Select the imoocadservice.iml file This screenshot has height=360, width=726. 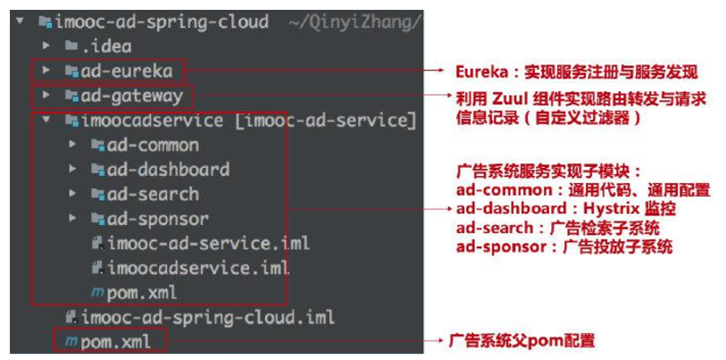pos(198,267)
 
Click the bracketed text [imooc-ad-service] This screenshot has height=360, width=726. pos(325,120)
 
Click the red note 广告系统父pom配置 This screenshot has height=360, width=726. pos(522,340)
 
